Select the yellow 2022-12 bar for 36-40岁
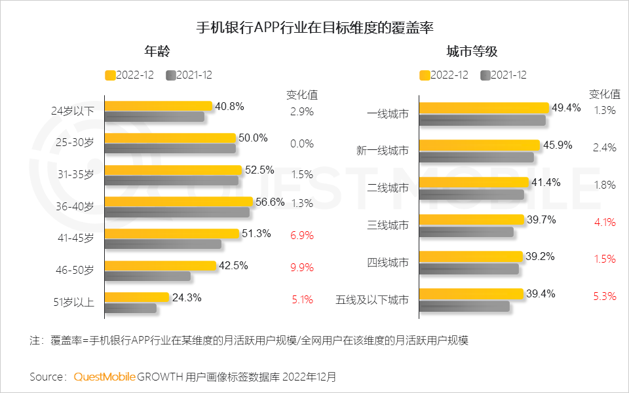pos(178,202)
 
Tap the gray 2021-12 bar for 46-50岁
pos(147,276)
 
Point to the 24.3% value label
pos(187,297)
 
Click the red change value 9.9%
pos(302,267)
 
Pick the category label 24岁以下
pos(73,111)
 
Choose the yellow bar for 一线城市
pos(484,107)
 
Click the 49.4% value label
pos(566,108)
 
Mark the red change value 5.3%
pos(604,296)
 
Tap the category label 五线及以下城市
pos(372,300)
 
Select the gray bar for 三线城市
pos(466,232)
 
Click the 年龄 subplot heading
pos(159,52)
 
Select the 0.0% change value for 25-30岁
pos(302,143)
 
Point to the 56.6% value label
pos(270,202)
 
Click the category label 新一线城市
pos(383,151)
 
